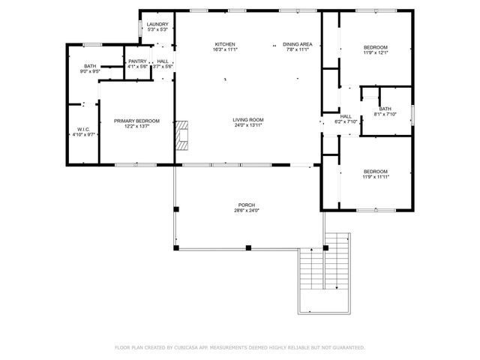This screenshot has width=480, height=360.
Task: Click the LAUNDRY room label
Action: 157,24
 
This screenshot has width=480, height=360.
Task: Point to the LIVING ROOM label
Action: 247,120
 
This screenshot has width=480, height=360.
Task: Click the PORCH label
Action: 247,205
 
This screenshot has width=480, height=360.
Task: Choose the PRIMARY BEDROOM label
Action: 136,121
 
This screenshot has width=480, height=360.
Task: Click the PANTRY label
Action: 137,61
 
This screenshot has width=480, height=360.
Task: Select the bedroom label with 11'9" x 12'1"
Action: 375,48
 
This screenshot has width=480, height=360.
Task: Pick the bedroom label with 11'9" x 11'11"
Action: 375,171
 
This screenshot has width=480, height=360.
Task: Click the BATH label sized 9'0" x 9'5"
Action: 90,66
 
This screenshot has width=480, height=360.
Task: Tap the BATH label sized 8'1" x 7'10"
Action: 385,109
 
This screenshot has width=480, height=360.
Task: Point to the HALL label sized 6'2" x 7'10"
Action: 346,116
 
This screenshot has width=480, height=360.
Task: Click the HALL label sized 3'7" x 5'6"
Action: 163,61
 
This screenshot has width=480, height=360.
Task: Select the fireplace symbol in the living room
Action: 181,135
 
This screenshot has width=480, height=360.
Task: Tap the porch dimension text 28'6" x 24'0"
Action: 247,210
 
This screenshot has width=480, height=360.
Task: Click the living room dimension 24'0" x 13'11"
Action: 247,125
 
